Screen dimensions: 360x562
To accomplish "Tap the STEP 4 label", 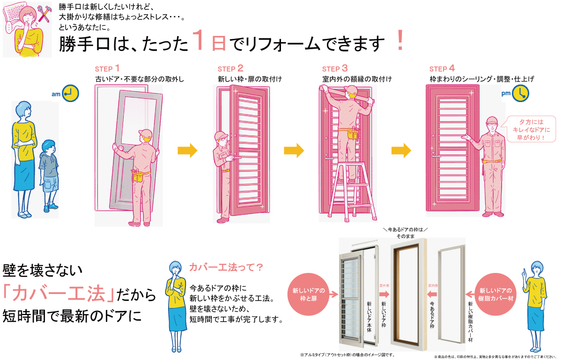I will [x=442, y=68].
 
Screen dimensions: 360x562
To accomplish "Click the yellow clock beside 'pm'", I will [x=520, y=94].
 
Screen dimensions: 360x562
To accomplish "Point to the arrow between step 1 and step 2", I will [x=187, y=151].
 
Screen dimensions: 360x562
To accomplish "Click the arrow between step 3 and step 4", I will [x=401, y=151].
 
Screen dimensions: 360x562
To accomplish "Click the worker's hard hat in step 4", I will [x=491, y=120].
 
